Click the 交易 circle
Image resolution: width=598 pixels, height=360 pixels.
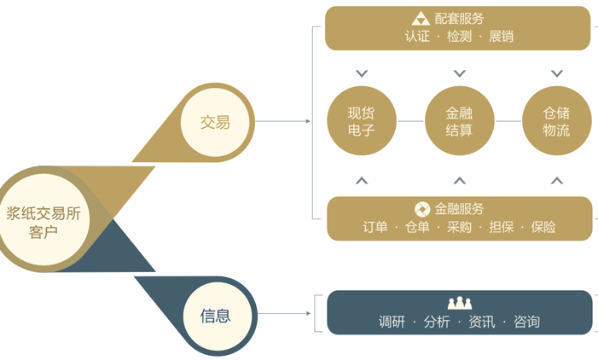[x=215, y=122]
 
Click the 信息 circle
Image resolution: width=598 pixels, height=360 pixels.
[x=218, y=316]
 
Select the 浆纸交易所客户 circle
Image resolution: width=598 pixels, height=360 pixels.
[x=44, y=219]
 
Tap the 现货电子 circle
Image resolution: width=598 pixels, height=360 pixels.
[x=362, y=121]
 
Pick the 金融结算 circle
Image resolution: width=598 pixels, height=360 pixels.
[x=459, y=121]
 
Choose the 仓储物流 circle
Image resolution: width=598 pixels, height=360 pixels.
[x=557, y=121]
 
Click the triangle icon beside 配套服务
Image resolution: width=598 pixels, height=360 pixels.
[x=421, y=18]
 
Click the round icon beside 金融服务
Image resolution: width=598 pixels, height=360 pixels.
[x=422, y=209]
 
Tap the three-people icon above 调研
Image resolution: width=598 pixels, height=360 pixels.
[x=460, y=303]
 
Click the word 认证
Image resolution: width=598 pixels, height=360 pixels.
[x=417, y=37]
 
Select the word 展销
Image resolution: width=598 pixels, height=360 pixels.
[x=501, y=37]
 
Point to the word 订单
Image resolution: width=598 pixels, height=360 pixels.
[x=375, y=227]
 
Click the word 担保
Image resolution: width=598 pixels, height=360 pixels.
[x=501, y=227]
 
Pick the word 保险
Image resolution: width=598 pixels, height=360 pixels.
[x=543, y=227]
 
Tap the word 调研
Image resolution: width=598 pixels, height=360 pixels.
[x=392, y=322]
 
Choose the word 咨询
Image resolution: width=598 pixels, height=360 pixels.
[x=526, y=322]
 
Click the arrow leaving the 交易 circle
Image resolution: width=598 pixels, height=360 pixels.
[x=282, y=121]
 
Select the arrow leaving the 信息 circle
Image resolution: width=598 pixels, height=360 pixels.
[x=284, y=313]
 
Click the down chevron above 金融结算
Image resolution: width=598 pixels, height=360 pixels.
[x=460, y=73]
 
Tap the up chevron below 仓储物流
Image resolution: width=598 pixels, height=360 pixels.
[x=557, y=180]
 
